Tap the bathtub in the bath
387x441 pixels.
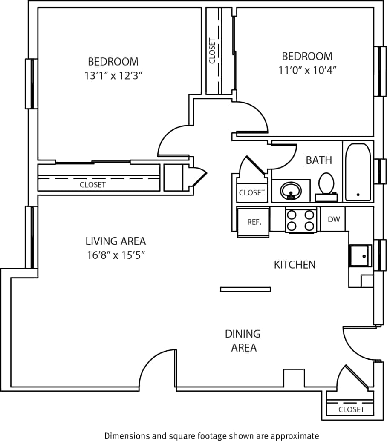coord(358,172)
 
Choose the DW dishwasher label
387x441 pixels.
coord(333,219)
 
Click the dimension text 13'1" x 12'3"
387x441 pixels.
coord(113,76)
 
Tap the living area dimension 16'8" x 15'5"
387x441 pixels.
coord(116,255)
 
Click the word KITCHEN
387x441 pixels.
coord(295,265)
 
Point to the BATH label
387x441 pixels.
coord(319,160)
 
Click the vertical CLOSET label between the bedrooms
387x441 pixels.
coord(212,51)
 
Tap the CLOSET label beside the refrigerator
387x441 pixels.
coord(252,192)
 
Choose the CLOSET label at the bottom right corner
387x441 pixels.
coord(351,409)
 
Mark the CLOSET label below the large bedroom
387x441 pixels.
coord(92,185)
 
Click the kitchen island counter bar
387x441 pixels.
coord(245,289)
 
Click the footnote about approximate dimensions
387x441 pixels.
coord(211,435)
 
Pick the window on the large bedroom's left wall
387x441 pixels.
coord(31,83)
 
